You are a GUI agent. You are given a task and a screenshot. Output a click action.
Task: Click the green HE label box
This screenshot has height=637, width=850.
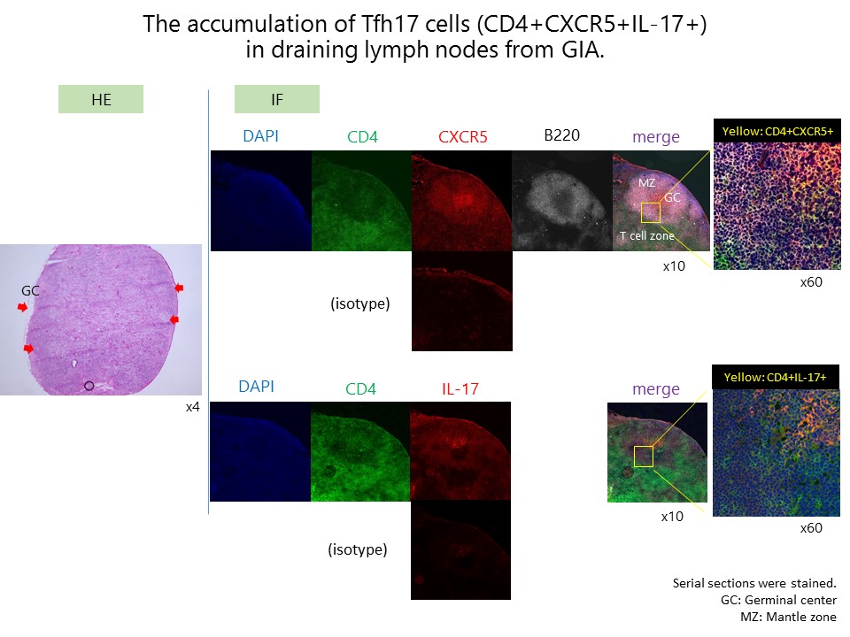click(x=101, y=99)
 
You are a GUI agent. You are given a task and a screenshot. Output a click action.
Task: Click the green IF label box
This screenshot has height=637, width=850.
click(x=277, y=99)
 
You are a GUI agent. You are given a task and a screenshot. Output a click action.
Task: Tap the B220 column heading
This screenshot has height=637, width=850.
click(x=561, y=134)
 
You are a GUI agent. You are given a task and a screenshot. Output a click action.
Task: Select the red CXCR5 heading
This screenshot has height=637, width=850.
click(x=462, y=136)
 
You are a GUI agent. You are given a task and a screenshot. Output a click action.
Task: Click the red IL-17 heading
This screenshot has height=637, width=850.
click(x=460, y=389)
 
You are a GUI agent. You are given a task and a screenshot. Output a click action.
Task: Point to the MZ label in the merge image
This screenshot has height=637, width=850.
click(x=646, y=182)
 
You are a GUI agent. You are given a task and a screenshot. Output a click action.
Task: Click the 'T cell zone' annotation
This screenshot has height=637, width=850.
click(x=647, y=235)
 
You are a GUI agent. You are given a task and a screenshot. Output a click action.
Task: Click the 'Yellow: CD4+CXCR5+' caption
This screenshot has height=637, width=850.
click(x=777, y=131)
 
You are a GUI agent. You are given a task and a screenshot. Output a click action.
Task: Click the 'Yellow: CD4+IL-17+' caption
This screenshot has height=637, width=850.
click(x=776, y=377)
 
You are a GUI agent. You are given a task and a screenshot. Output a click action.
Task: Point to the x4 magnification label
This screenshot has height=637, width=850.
click(x=192, y=407)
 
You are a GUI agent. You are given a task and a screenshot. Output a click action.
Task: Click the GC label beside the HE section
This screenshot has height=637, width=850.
click(x=30, y=291)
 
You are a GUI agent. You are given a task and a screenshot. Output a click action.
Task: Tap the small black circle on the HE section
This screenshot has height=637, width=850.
click(x=89, y=386)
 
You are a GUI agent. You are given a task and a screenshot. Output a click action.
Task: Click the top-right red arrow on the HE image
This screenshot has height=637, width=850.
click(x=179, y=288)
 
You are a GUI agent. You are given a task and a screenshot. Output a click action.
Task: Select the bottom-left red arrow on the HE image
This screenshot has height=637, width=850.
click(x=28, y=349)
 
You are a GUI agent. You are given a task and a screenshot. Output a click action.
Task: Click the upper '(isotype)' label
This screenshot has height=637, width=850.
click(x=360, y=303)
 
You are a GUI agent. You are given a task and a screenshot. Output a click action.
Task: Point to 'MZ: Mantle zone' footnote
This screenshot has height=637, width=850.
click(x=788, y=617)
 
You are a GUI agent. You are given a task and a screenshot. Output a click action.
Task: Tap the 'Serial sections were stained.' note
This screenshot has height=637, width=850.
click(x=754, y=583)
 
